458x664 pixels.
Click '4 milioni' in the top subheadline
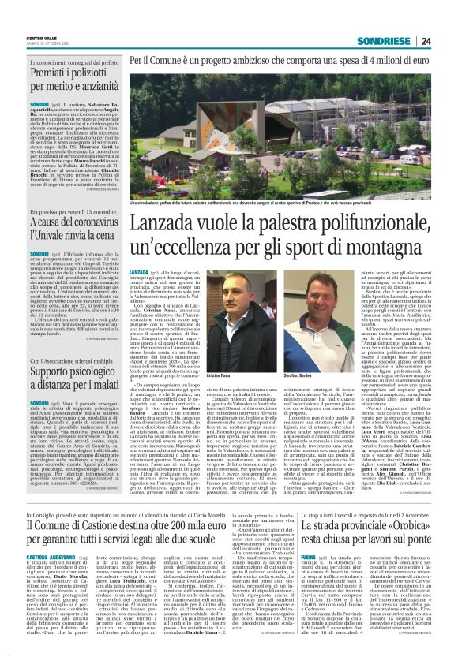pyautogui.click(x=381, y=60)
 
